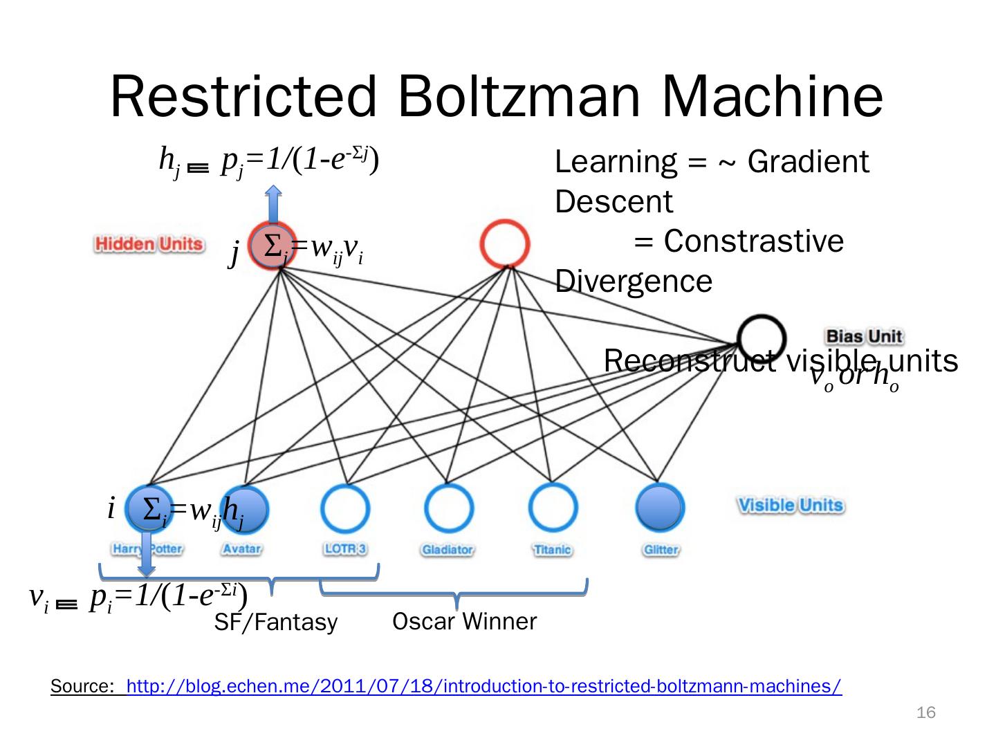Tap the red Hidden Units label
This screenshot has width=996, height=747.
coord(149,244)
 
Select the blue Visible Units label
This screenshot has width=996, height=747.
coord(791,505)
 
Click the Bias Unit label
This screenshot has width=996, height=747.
coord(864,337)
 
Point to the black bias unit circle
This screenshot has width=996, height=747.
coord(762,338)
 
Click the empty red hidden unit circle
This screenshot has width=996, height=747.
coord(506,244)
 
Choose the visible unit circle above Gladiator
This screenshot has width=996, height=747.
coord(448,508)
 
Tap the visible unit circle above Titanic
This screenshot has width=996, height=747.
coord(553,508)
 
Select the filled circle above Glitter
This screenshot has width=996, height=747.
coord(660,508)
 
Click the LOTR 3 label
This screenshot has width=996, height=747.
coord(345,549)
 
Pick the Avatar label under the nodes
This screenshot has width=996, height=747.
coord(241,549)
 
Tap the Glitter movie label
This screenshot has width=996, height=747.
coord(661,550)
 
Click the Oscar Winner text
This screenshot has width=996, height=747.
coord(464,622)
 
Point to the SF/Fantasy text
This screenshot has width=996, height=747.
coord(275,622)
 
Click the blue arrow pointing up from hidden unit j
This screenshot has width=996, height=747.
coord(273,204)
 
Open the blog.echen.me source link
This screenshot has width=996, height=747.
coord(484,687)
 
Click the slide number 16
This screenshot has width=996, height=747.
coord(925,713)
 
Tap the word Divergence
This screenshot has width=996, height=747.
coord(634,282)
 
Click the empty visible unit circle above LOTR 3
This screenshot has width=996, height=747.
coord(344,508)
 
